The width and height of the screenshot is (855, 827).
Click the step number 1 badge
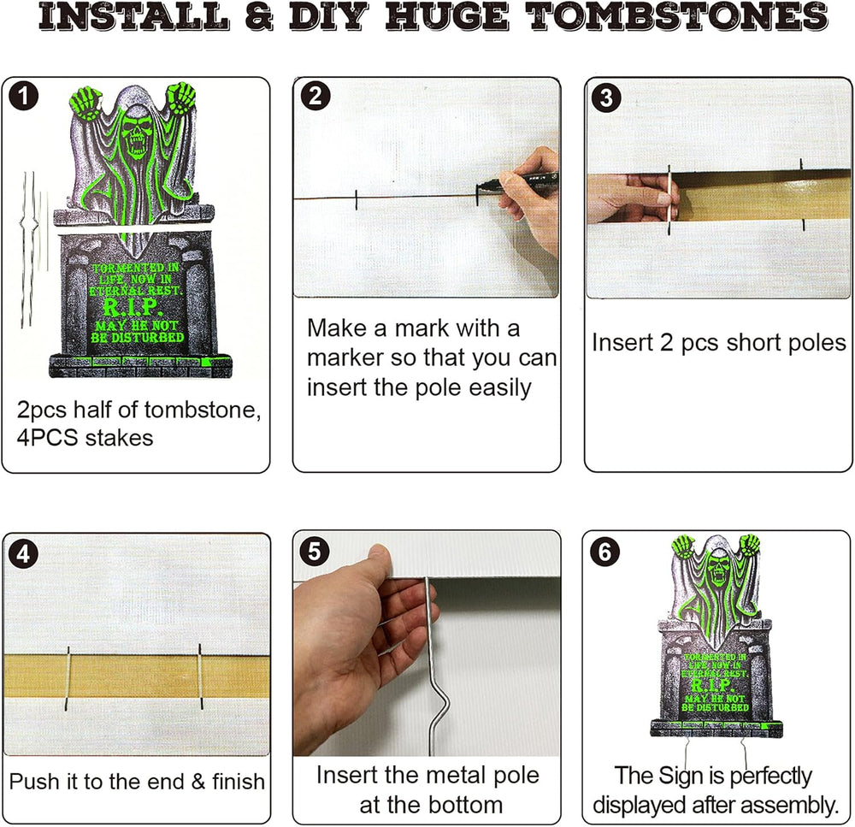point(23,97)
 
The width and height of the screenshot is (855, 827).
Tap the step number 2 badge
point(315,97)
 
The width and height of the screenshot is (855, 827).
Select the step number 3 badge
point(606,98)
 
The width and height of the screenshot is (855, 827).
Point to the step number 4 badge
point(23,555)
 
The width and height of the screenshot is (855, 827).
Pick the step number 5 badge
point(315,552)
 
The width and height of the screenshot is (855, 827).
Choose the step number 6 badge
point(605,552)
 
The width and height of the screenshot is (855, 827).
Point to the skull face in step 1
point(133,133)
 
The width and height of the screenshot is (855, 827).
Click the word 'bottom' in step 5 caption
point(465,805)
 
